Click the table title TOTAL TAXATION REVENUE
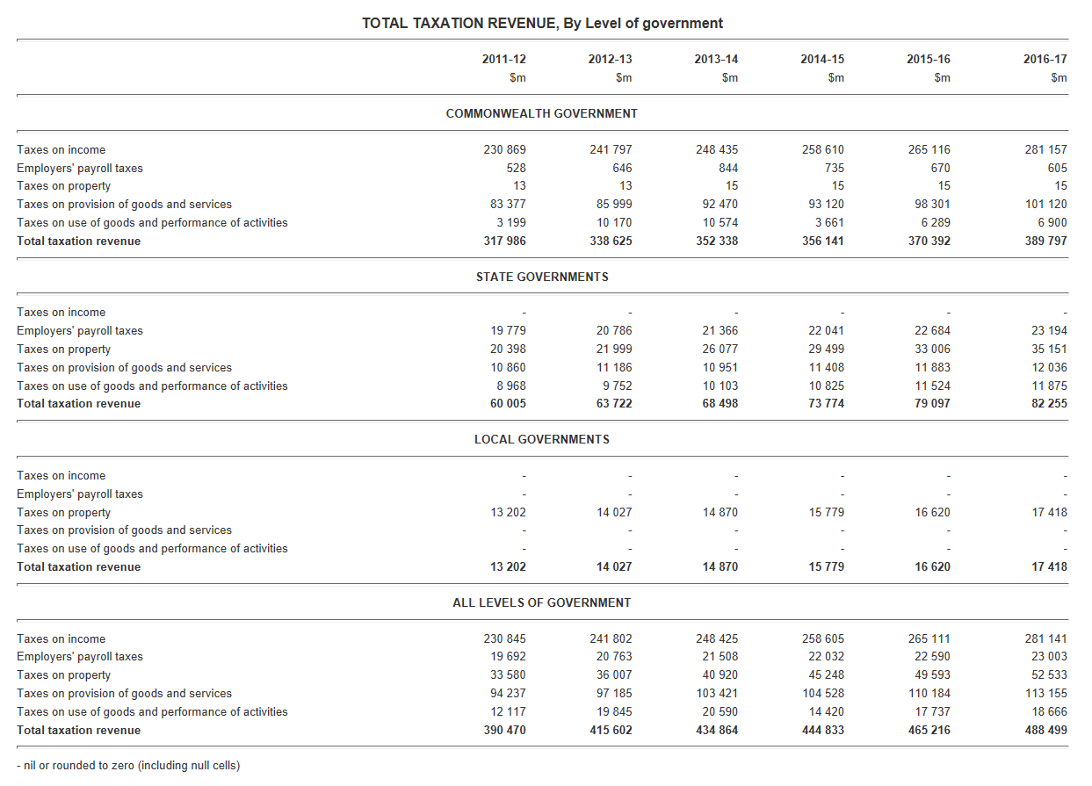pyautogui.click(x=542, y=23)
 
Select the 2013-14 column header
pyautogui.click(x=716, y=60)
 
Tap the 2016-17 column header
pyautogui.click(x=1045, y=60)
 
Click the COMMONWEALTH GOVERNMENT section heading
pyautogui.click(x=542, y=113)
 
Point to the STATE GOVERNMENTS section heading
pyautogui.click(x=542, y=277)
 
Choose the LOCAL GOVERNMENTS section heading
pyautogui.click(x=542, y=439)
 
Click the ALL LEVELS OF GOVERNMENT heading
pyautogui.click(x=542, y=602)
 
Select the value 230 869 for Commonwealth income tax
pyautogui.click(x=504, y=149)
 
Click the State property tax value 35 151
pyautogui.click(x=1049, y=349)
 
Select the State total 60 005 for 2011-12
pyautogui.click(x=509, y=403)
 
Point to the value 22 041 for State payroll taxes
pyautogui.click(x=826, y=330)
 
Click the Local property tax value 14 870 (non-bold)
pyautogui.click(x=720, y=512)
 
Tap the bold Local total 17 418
pyautogui.click(x=1049, y=566)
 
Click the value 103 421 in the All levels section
pyautogui.click(x=717, y=693)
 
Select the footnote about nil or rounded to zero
pyautogui.click(x=128, y=765)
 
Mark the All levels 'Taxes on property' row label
pyautogui.click(x=63, y=674)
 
